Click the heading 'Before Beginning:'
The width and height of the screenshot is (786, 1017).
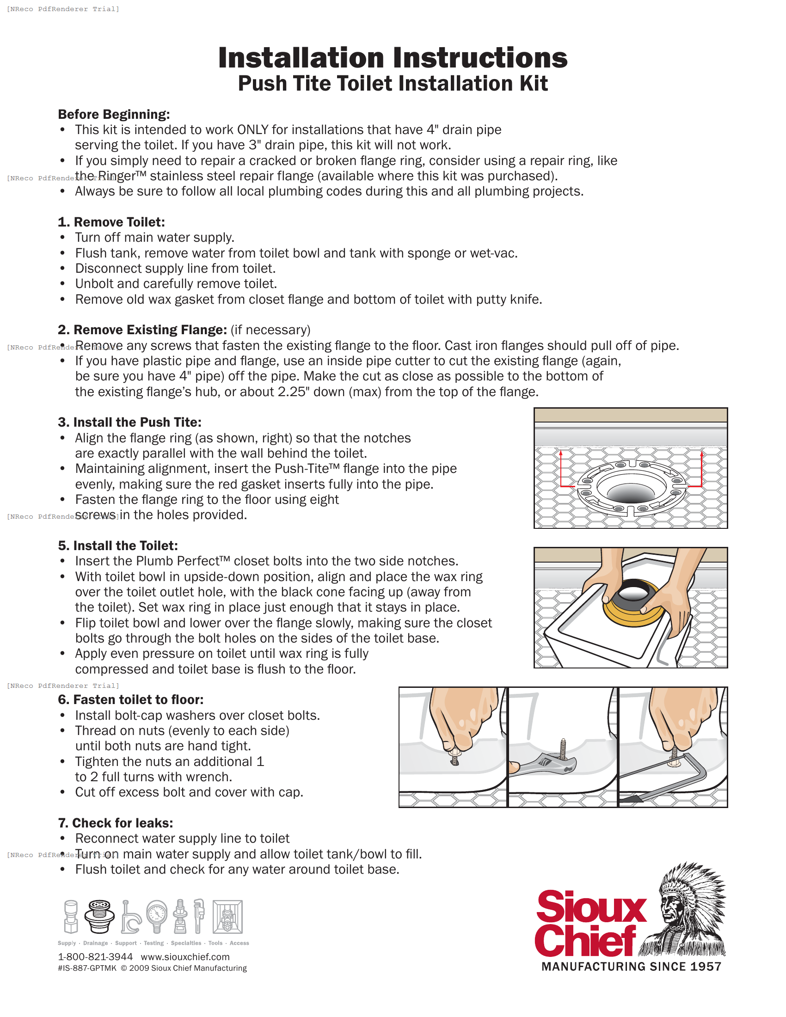[114, 114]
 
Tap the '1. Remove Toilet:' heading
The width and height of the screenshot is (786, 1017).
[111, 222]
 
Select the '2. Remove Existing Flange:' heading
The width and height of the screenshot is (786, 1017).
[142, 330]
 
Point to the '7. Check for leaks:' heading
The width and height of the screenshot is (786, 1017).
[116, 823]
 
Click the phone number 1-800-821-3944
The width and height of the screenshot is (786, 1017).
[95, 956]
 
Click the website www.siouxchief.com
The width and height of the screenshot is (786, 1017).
[185, 956]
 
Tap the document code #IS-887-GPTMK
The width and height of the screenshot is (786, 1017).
[87, 968]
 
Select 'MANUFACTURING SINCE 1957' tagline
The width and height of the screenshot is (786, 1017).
[631, 967]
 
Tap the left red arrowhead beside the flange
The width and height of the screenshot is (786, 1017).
[561, 453]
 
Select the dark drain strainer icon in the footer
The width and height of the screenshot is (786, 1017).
[99, 915]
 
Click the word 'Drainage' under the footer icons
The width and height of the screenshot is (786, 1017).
[95, 943]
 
